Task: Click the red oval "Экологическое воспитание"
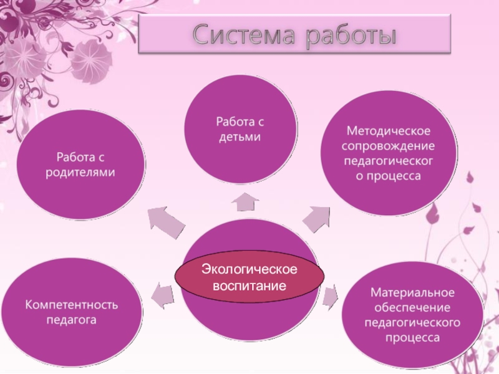tap(249, 278)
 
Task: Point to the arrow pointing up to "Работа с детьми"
tap(245, 202)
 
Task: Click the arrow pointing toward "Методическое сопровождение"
tap(317, 219)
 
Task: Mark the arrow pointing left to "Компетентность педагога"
tap(162, 295)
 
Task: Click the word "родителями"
tap(80, 172)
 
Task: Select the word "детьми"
tap(240, 137)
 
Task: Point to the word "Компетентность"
tap(71, 305)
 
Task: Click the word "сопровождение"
tap(388, 146)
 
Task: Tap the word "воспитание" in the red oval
tap(249, 286)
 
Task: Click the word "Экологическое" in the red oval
tap(249, 269)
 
